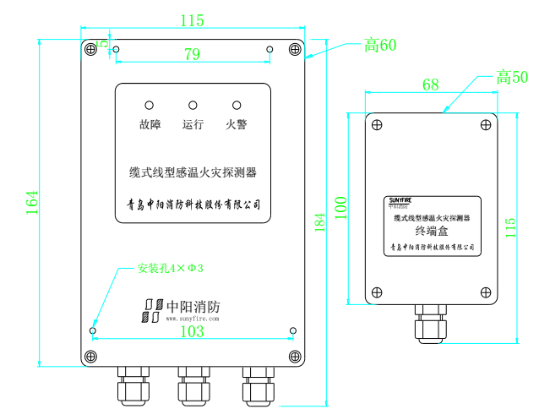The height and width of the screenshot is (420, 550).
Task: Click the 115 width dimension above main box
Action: pyautogui.click(x=193, y=20)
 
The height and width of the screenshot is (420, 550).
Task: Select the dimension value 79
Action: pyautogui.click(x=193, y=56)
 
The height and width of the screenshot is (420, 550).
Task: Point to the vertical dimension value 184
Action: pyautogui.click(x=319, y=223)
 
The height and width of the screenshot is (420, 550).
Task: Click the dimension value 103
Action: pyautogui.click(x=193, y=332)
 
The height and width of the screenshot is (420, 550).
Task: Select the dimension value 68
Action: pyautogui.click(x=430, y=85)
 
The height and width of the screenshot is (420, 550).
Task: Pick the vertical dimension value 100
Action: pyautogui.click(x=340, y=208)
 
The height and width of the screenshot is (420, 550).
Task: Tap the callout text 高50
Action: pyautogui.click(x=512, y=78)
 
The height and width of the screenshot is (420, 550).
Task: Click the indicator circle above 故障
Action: pyautogui.click(x=150, y=106)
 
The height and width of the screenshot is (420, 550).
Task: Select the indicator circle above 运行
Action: pyautogui.click(x=193, y=106)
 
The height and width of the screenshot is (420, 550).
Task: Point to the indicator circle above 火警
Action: pyautogui.click(x=237, y=106)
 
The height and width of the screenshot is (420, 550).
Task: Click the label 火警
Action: pyautogui.click(x=237, y=125)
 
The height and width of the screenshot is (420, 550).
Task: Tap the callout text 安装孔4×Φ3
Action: pyautogui.click(x=170, y=269)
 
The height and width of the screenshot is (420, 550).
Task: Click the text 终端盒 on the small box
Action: pyautogui.click(x=433, y=231)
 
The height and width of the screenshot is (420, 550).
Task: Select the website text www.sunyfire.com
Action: pyautogui.click(x=193, y=319)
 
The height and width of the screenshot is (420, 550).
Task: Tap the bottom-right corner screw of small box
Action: pyautogui.click(x=485, y=292)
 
